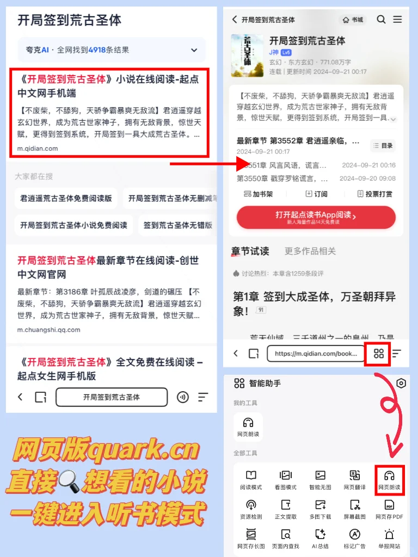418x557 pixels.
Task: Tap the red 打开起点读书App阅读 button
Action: (316, 217)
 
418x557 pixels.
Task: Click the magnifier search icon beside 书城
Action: (381, 20)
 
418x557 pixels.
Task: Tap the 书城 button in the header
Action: (353, 20)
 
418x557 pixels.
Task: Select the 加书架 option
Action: (259, 194)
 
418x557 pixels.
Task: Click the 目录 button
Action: (383, 145)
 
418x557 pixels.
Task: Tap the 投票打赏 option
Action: (375, 194)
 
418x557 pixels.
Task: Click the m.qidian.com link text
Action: (38, 148)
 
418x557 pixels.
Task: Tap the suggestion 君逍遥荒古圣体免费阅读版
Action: (66, 199)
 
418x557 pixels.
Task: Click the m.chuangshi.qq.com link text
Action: (48, 330)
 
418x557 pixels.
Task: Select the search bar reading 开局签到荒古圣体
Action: (111, 397)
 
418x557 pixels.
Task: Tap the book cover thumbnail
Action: (247, 55)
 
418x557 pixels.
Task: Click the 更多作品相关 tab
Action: (310, 251)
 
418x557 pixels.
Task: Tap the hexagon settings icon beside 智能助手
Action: (401, 383)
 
